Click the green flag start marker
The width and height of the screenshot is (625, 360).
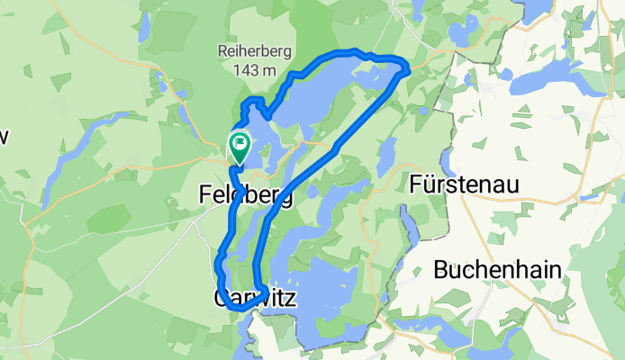point(240,145)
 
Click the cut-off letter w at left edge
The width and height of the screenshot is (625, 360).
point(4,137)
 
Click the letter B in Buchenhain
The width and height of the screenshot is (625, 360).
point(442,269)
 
